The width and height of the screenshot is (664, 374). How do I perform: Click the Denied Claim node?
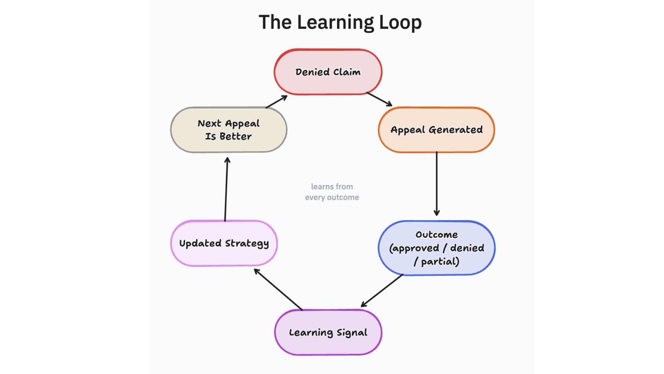pos(328,72)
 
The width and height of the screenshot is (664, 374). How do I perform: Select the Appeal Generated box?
pos(436,130)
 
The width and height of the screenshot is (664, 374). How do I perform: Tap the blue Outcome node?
pos(436,248)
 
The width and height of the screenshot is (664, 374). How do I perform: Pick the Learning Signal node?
pos(328,332)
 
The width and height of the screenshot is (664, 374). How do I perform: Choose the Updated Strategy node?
pos(224,243)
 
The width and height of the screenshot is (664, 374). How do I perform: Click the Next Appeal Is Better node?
pos(229,130)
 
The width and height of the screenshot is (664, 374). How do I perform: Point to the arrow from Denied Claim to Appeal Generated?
pos(379,99)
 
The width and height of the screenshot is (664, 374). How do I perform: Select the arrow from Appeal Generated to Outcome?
pos(436,184)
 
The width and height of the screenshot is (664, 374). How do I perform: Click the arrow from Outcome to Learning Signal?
pos(382,291)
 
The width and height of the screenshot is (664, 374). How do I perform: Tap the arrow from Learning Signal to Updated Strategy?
pos(278,290)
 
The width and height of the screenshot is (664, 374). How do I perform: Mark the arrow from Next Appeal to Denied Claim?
pos(276,102)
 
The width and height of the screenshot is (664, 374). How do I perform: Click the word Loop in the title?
pos(400,22)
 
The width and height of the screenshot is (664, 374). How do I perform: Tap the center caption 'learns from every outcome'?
pos(332,192)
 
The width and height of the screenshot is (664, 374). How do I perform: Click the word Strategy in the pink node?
pos(247,243)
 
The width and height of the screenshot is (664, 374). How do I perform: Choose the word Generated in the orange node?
pos(455,130)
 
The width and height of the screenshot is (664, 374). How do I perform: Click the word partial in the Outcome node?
pos(440,261)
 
